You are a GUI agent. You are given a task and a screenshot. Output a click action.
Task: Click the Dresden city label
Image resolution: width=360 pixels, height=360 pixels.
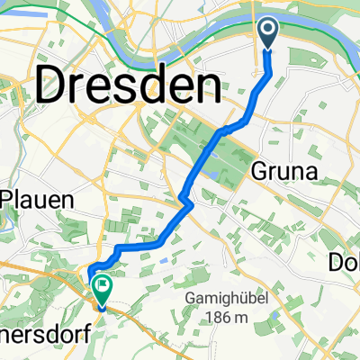tap(129, 87)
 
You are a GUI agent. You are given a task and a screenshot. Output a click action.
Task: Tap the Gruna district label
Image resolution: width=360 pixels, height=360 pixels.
tap(289, 171)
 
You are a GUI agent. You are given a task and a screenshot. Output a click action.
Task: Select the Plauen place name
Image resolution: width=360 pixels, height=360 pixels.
tap(36, 200)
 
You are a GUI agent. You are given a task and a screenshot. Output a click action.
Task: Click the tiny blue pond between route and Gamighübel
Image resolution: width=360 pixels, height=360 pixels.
tap(164, 260)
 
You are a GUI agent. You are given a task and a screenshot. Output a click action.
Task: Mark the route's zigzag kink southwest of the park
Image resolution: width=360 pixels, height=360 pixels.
tap(185, 198)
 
